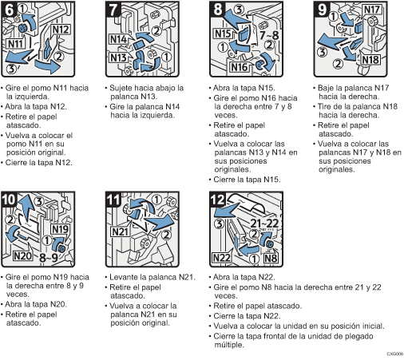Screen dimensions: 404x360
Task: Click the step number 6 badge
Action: tap(9, 10)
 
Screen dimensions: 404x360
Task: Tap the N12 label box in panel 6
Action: tap(61, 30)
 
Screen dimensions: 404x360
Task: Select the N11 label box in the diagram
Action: tap(15, 43)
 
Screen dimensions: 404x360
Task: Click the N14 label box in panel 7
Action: tap(118, 39)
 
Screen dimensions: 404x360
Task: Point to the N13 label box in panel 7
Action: tap(118, 57)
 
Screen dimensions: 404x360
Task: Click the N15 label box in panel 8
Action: tap(223, 34)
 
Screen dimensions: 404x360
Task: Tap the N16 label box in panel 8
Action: tap(239, 67)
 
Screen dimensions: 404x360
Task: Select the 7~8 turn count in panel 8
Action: tap(269, 35)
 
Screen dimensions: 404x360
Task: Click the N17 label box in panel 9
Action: tap(372, 10)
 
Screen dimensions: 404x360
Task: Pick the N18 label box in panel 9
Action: tap(371, 60)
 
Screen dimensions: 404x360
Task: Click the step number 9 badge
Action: tap(322, 10)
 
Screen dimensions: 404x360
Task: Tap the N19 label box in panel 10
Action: tap(60, 229)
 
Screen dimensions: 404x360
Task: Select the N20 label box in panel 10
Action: tap(22, 256)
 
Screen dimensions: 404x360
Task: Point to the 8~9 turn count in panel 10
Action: tap(48, 257)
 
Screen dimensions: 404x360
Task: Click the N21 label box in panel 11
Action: tap(121, 231)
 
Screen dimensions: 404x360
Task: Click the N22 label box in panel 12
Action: tap(222, 258)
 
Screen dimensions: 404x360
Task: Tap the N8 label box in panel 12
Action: tap(271, 258)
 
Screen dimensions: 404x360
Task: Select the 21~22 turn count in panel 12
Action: tap(264, 224)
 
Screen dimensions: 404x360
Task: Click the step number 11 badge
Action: tap(113, 200)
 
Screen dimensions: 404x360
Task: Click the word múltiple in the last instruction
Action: tap(229, 345)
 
